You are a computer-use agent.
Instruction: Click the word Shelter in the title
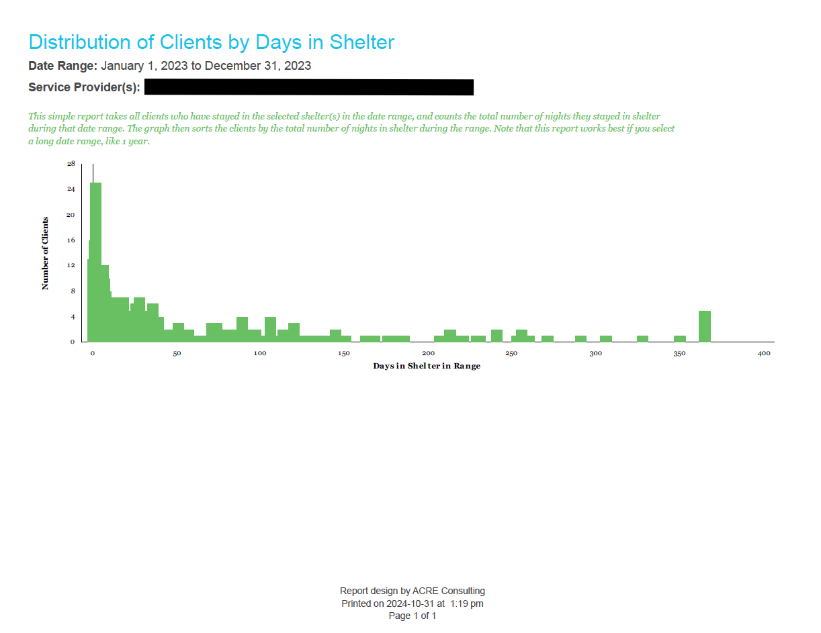pyautogui.click(x=361, y=42)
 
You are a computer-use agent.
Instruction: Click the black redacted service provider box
pyautogui.click(x=308, y=87)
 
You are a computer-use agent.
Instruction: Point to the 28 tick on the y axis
pyautogui.click(x=71, y=164)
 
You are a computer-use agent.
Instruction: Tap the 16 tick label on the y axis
pyautogui.click(x=71, y=240)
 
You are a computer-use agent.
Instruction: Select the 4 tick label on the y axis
pyautogui.click(x=73, y=317)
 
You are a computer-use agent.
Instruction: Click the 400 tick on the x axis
pyautogui.click(x=764, y=353)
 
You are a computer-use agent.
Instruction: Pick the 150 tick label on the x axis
pyautogui.click(x=344, y=353)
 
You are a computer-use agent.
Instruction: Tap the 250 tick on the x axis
pyautogui.click(x=512, y=353)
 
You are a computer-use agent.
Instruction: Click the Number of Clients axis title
pyautogui.click(x=46, y=253)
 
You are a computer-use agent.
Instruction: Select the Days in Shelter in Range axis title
pyautogui.click(x=427, y=366)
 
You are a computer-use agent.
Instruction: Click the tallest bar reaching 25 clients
pyautogui.click(x=96, y=262)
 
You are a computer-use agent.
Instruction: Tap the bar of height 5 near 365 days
pyautogui.click(x=705, y=326)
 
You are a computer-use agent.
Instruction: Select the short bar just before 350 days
pyautogui.click(x=680, y=338)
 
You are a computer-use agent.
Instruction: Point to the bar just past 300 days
pyautogui.click(x=606, y=338)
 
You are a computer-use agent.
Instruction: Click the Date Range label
pyautogui.click(x=63, y=66)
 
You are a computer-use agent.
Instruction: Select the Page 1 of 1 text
pyautogui.click(x=413, y=616)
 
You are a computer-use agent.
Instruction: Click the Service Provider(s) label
pyautogui.click(x=84, y=87)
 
